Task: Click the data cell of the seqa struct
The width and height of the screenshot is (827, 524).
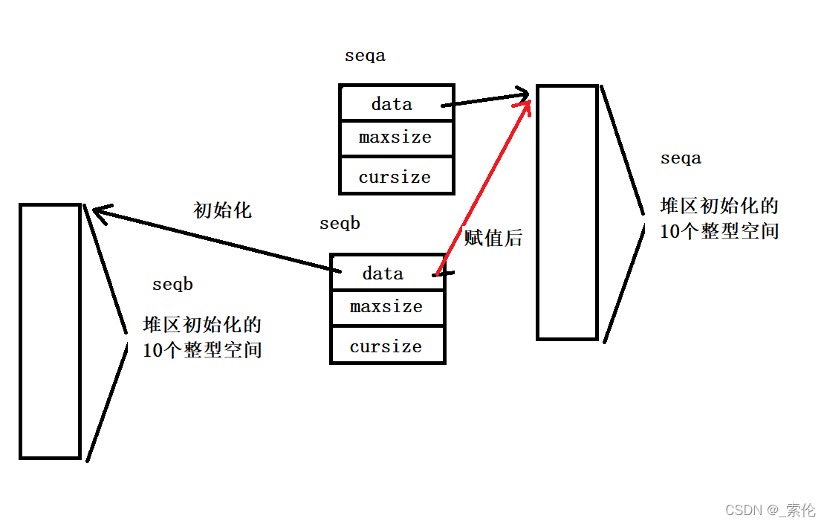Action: [x=392, y=104]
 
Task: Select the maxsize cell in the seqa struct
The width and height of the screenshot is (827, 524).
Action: [x=395, y=138]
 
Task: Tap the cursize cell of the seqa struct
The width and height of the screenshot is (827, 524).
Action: [x=395, y=177]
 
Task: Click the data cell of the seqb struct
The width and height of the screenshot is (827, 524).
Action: [x=383, y=274]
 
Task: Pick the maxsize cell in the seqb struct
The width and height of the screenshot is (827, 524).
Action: [x=386, y=307]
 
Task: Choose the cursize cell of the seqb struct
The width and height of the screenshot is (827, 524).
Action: [x=386, y=346]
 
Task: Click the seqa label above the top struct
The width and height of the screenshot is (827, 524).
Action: [x=366, y=56]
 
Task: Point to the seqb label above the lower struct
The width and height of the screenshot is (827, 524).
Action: [x=340, y=224]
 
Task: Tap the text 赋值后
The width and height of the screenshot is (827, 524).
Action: [x=493, y=238]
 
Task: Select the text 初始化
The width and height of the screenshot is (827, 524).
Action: [x=222, y=210]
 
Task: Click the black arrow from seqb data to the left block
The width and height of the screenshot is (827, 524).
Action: [x=215, y=240]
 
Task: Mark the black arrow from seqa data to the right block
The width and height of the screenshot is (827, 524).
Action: [x=487, y=99]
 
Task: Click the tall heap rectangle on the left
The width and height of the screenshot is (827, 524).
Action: [x=50, y=331]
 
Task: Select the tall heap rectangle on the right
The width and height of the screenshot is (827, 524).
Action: [x=567, y=213]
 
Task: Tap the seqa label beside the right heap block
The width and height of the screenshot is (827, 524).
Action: [x=681, y=158]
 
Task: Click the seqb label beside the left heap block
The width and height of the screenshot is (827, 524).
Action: [x=173, y=285]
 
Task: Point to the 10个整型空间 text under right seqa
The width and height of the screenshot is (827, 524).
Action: [x=719, y=231]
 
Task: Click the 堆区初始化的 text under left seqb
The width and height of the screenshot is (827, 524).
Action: [x=202, y=325]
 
